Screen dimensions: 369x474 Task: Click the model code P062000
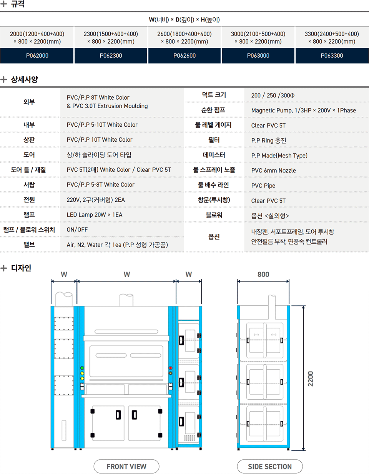37,55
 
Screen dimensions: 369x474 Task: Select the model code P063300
332,55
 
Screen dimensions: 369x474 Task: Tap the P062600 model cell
184,55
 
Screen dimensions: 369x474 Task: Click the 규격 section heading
18,4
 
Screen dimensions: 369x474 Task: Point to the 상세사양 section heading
24,79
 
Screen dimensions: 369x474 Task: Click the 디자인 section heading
21,268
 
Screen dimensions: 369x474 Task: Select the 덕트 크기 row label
214,95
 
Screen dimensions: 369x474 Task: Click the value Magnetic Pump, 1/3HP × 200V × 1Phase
304,111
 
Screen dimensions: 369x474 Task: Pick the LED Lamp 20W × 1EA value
95,214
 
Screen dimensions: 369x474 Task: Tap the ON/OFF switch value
77,230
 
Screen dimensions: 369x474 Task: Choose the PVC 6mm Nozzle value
273,170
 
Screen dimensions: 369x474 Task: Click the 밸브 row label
29,245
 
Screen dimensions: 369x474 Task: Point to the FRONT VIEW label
126,466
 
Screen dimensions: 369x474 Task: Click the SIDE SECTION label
270,466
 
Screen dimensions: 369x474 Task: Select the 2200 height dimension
310,379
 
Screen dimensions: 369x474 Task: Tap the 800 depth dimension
263,275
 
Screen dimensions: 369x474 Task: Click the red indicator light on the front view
170,368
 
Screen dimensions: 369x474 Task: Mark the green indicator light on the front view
82,368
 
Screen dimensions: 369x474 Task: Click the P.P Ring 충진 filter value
269,140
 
